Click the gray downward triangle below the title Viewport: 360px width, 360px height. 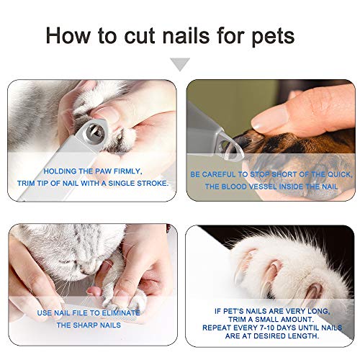point(180,65)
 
